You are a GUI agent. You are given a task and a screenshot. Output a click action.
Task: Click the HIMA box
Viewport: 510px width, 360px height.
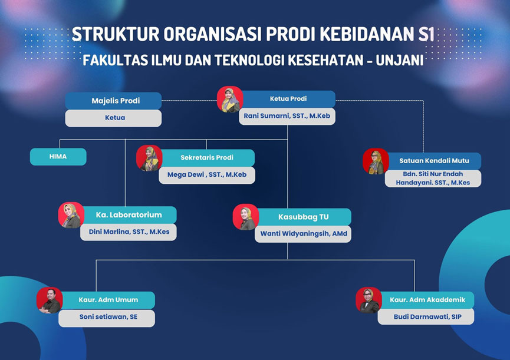pyautogui.click(x=58, y=157)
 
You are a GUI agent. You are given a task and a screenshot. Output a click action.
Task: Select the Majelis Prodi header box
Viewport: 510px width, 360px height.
pyautogui.click(x=113, y=101)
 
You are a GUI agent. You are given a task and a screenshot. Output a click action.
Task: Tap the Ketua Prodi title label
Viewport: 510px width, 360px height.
pyautogui.click(x=288, y=98)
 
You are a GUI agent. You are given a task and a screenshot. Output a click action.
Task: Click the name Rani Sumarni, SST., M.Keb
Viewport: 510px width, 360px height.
pyautogui.click(x=287, y=116)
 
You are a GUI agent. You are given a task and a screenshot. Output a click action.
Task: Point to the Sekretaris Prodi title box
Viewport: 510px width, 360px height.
pyautogui.click(x=208, y=157)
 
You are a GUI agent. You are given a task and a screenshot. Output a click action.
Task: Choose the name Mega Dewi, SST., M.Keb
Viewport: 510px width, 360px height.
pyautogui.click(x=207, y=175)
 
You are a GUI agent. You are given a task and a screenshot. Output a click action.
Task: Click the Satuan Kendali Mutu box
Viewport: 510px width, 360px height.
pyautogui.click(x=434, y=161)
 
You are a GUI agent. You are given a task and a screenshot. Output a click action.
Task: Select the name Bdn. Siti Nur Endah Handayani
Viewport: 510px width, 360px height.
pyautogui.click(x=433, y=179)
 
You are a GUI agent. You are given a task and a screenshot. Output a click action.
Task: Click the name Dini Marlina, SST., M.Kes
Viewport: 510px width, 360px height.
pyautogui.click(x=129, y=232)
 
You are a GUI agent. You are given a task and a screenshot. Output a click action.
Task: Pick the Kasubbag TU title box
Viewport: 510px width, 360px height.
pyautogui.click(x=304, y=217)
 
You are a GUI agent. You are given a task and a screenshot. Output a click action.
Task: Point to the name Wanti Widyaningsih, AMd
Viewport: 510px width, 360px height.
pyautogui.click(x=304, y=233)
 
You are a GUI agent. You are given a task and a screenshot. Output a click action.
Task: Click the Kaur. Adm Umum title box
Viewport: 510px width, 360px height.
pyautogui.click(x=108, y=300)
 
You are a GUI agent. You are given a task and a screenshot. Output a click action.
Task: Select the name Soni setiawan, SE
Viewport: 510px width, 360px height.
pyautogui.click(x=108, y=317)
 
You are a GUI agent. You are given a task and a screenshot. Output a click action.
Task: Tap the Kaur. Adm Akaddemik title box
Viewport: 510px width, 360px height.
pyautogui.click(x=427, y=300)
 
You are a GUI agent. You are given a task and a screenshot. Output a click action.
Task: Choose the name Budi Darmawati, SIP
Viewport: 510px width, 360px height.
pyautogui.click(x=427, y=317)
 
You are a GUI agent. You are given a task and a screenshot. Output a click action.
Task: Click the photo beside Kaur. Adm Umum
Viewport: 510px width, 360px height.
pyautogui.click(x=50, y=300)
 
